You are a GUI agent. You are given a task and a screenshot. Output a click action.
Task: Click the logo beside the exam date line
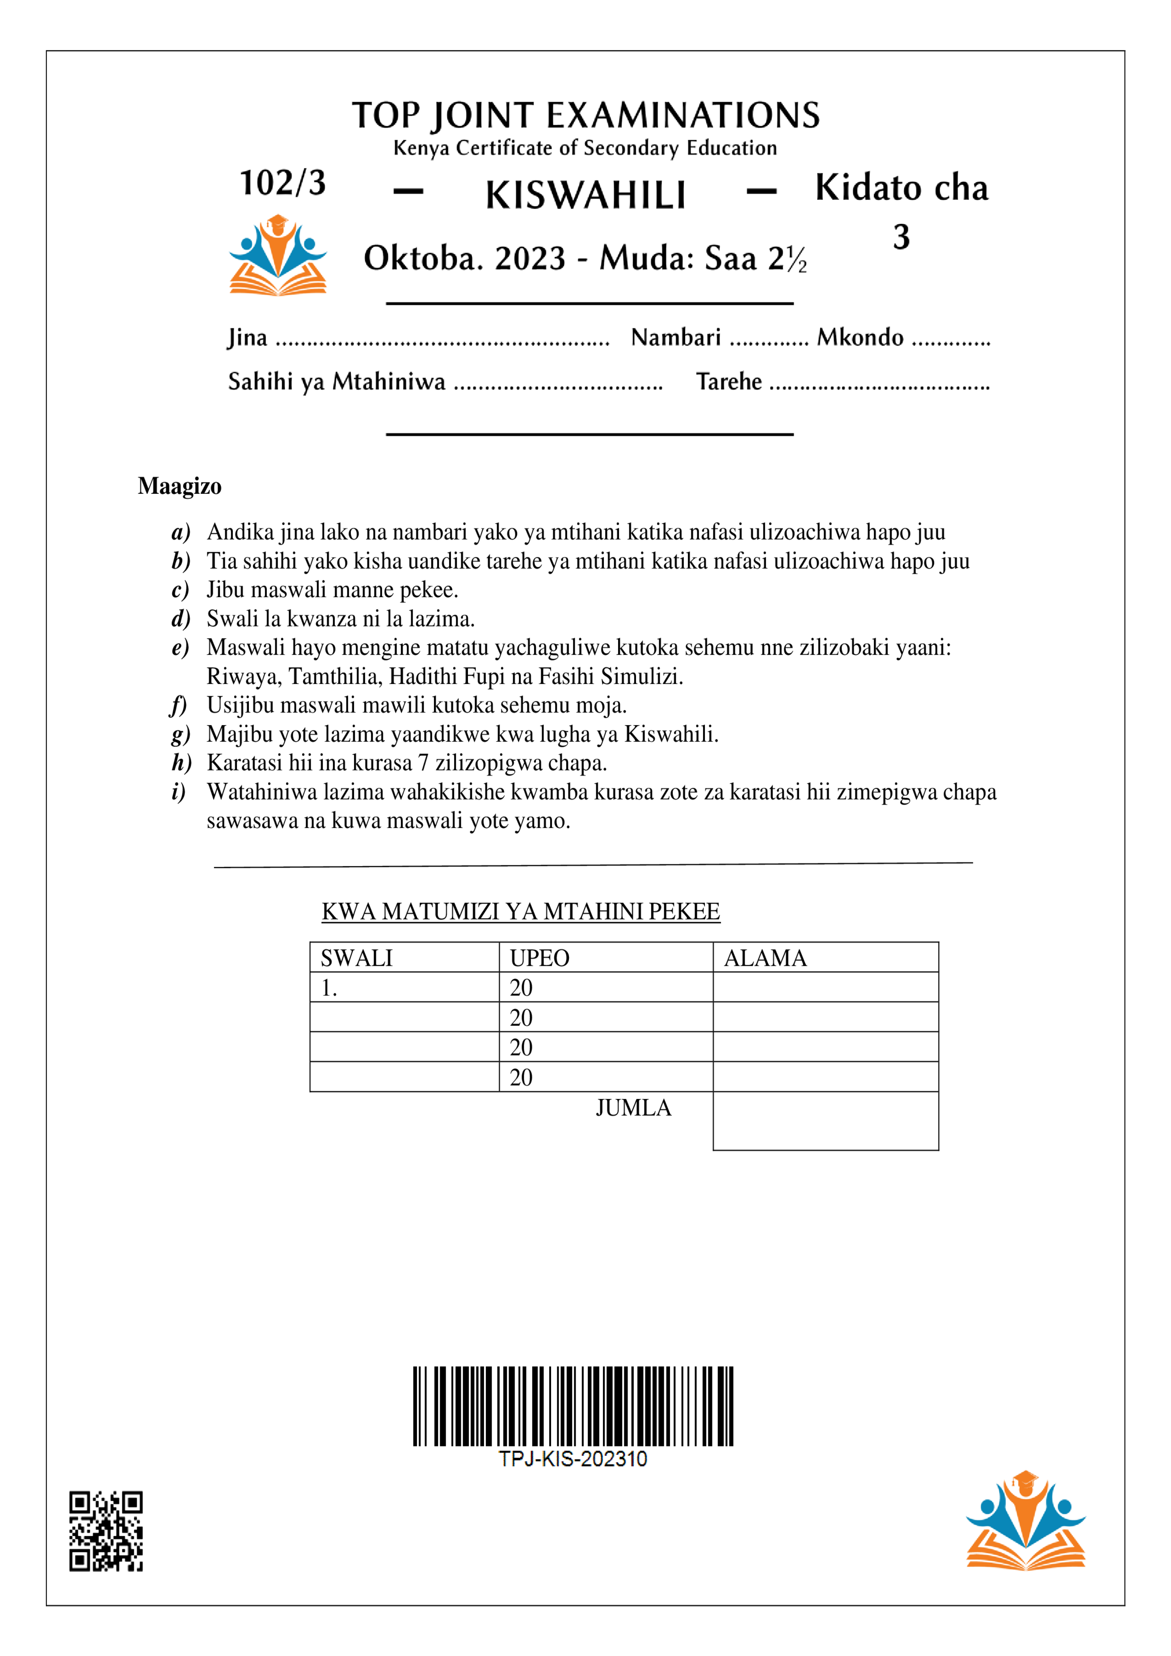coord(278,255)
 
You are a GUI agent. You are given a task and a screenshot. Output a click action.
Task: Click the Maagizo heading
coord(179,486)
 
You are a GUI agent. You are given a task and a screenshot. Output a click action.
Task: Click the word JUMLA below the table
coord(633,1108)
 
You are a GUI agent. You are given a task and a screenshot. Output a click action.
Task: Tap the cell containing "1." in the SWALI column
coord(329,988)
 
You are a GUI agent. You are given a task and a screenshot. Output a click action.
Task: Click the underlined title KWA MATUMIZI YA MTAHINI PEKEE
coord(520,912)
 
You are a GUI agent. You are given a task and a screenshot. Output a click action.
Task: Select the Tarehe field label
coord(729,381)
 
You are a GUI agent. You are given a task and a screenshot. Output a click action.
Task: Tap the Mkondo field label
coord(859,338)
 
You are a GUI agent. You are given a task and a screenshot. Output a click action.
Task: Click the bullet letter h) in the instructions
coord(180,763)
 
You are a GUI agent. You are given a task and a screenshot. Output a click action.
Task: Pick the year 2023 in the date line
coord(530,258)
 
